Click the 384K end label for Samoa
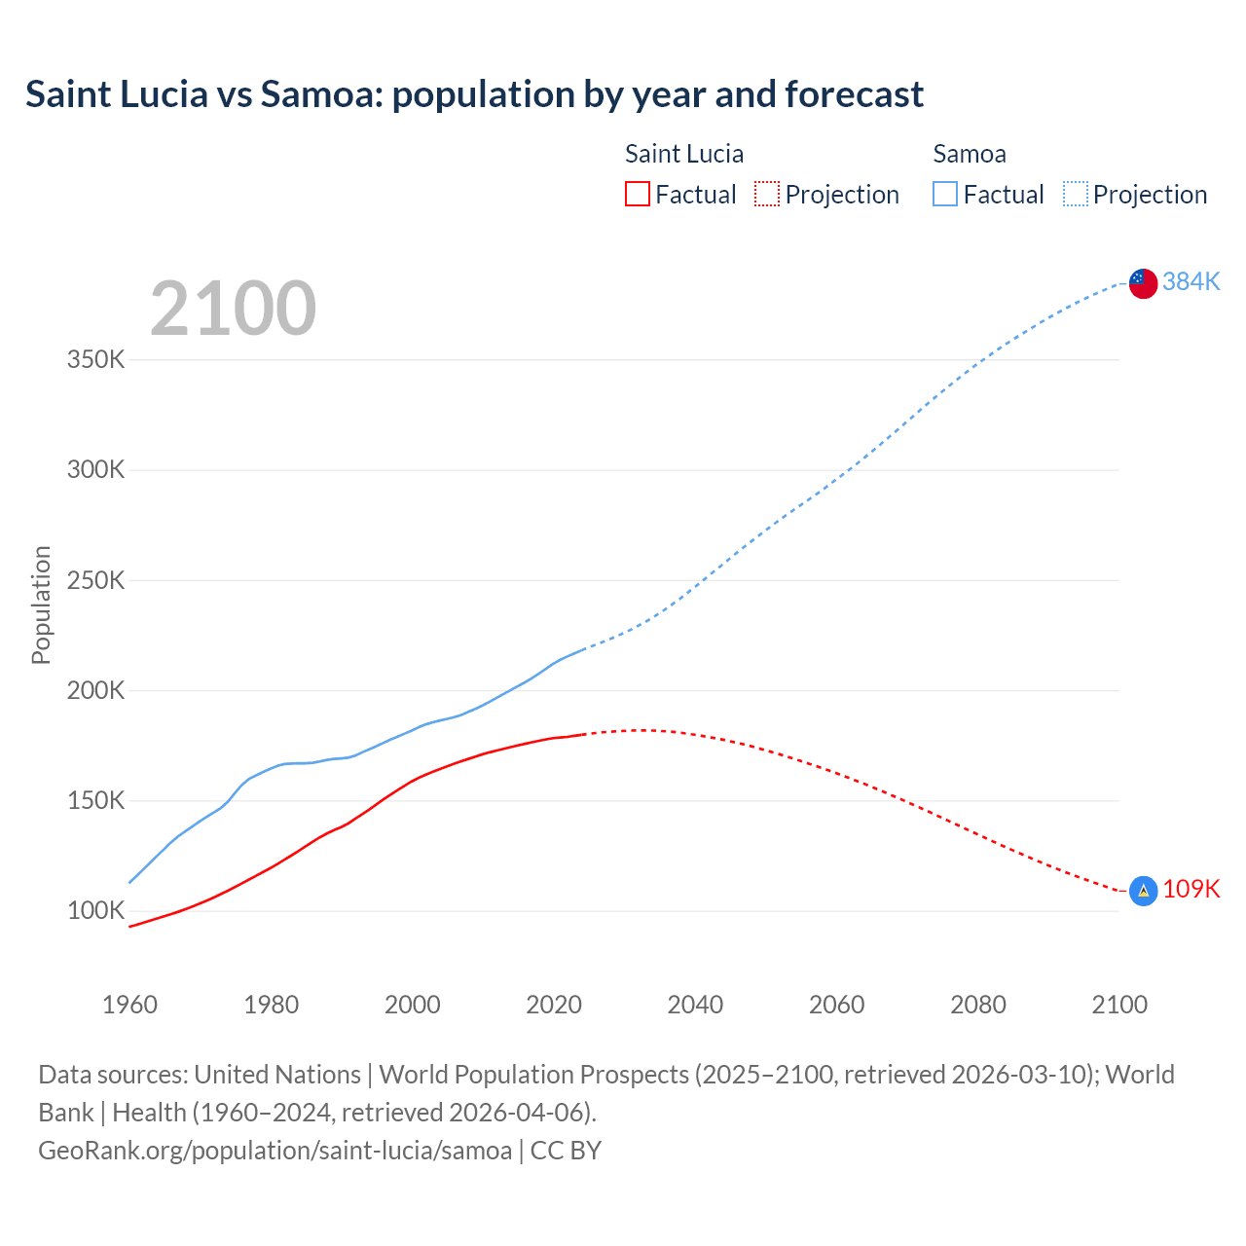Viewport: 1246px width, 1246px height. [x=1191, y=281]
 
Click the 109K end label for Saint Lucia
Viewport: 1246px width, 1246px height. [x=1191, y=889]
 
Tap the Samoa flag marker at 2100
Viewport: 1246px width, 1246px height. [x=1143, y=283]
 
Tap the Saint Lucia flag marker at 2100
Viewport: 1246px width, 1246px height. [x=1143, y=890]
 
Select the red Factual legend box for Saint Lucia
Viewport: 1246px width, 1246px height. [x=637, y=194]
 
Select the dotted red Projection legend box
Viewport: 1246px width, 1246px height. [x=767, y=194]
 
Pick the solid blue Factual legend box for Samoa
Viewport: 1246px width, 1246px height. [x=944, y=194]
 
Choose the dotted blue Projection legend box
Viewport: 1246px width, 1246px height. [x=1075, y=194]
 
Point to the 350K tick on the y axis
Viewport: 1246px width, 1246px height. [x=96, y=360]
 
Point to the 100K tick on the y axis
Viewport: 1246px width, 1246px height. [x=96, y=911]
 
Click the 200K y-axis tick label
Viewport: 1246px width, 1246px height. [x=96, y=691]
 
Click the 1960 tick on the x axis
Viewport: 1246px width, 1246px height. [x=129, y=1005]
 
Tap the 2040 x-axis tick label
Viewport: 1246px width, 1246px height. [x=695, y=1005]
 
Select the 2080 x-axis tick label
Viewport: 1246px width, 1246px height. [x=977, y=1005]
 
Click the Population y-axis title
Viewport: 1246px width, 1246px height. [x=41, y=605]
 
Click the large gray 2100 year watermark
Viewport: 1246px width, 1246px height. [x=233, y=309]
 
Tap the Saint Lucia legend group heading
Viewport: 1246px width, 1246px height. [x=683, y=154]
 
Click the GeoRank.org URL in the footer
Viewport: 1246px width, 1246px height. [x=275, y=1151]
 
